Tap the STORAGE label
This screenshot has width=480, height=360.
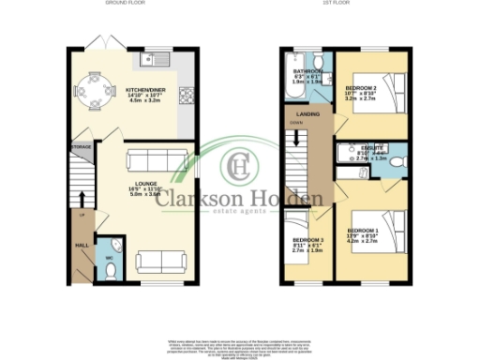click(x=81, y=147)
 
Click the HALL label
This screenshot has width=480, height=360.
click(x=82, y=246)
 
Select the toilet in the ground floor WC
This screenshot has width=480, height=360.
click(x=111, y=270)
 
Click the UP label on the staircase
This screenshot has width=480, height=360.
click(x=82, y=215)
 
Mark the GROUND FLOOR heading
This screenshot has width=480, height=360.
click(x=124, y=5)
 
